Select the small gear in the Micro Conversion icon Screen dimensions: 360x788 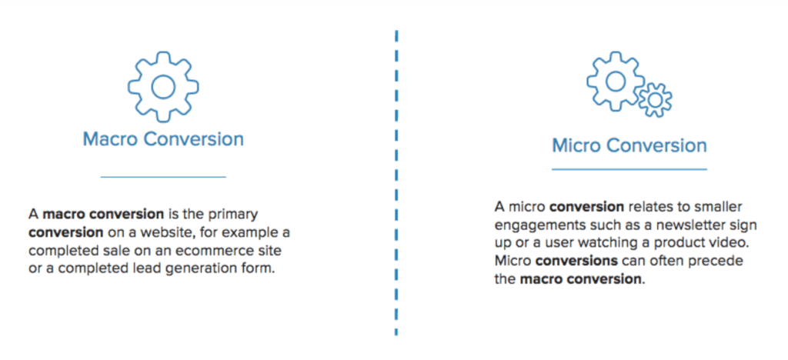[655, 100]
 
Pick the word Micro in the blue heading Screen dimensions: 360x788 [579, 145]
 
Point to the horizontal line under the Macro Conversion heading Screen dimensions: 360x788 [163, 177]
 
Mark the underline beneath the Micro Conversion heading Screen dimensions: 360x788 [629, 168]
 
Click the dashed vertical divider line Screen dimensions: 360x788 [396, 185]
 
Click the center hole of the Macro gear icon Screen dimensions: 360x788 [162, 85]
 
